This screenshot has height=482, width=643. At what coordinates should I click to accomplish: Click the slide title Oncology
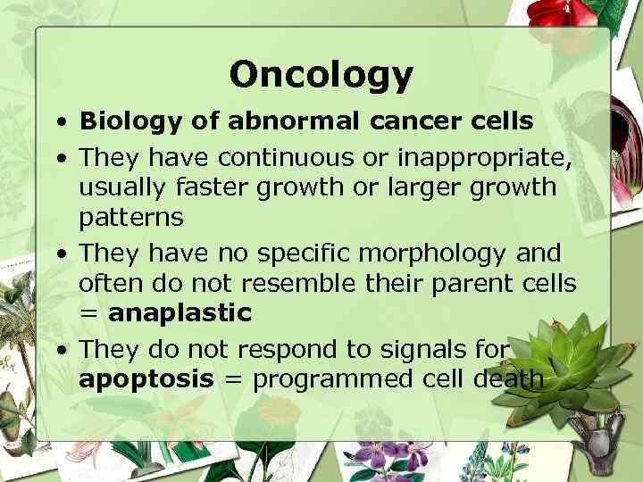point(321,74)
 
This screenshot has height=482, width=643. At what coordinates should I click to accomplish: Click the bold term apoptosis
point(146,379)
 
